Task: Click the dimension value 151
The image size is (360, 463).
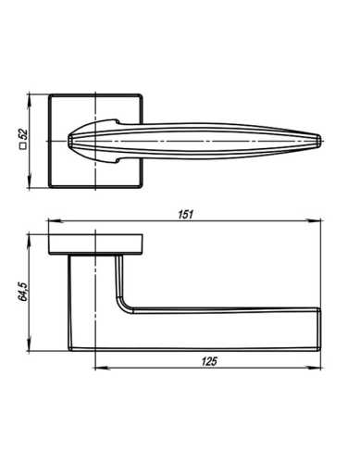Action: tap(185, 216)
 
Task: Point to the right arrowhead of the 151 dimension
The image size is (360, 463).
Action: tap(317, 222)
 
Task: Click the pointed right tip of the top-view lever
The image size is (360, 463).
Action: tap(319, 139)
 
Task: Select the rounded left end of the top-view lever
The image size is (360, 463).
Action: tap(71, 139)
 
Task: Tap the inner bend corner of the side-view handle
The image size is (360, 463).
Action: tap(123, 307)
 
